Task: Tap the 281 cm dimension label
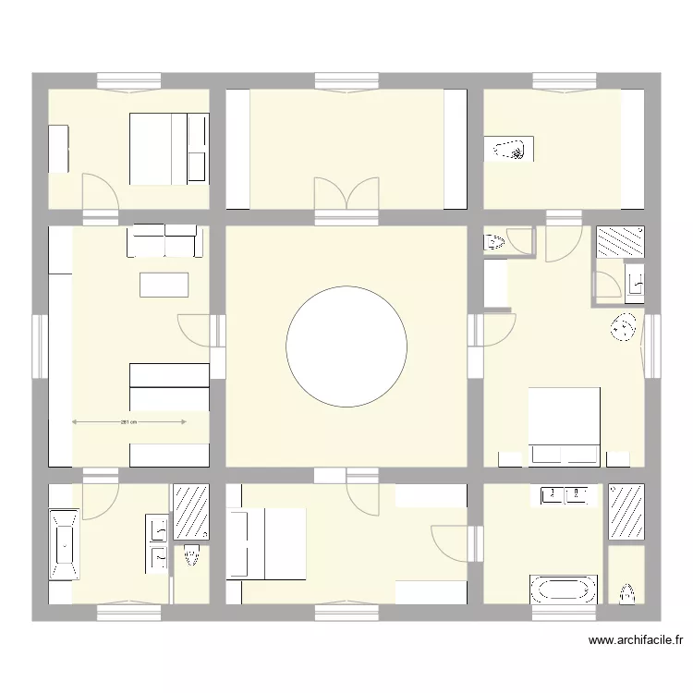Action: [x=128, y=422]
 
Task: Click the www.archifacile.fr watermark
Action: [x=635, y=638]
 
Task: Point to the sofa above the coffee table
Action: [x=165, y=241]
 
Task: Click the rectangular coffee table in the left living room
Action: [x=164, y=284]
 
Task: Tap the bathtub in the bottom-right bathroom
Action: [x=562, y=590]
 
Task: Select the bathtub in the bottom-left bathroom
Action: [x=63, y=544]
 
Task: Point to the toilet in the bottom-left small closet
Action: [x=191, y=560]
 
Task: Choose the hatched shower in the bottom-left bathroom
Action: [x=191, y=512]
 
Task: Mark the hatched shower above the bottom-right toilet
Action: [x=626, y=511]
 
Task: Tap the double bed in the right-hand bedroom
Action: [x=564, y=425]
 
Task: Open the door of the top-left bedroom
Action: [x=100, y=191]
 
